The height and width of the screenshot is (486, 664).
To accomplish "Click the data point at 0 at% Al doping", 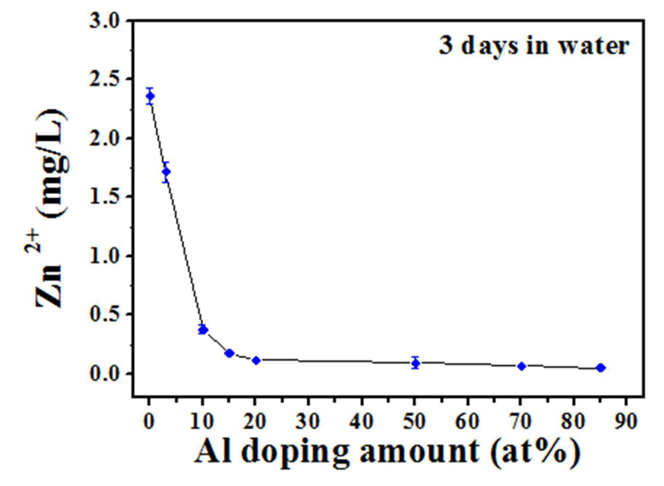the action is pyautogui.click(x=150, y=96).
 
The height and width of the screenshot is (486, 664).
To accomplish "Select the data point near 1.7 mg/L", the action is pyautogui.click(x=166, y=172).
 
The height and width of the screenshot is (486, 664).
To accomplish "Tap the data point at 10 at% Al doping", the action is pyautogui.click(x=203, y=330).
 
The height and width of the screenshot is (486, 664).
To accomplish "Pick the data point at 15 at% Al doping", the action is pyautogui.click(x=229, y=353).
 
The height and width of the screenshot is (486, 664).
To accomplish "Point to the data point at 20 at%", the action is pyautogui.click(x=256, y=361).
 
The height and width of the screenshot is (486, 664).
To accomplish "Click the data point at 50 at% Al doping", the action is pyautogui.click(x=416, y=363).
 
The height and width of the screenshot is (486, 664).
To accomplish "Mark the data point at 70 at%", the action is pyautogui.click(x=521, y=366).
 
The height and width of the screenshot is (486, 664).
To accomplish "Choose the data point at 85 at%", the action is pyautogui.click(x=601, y=368).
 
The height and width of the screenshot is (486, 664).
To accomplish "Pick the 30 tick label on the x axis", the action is pyautogui.click(x=308, y=421).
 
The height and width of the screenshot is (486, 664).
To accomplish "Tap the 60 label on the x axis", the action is pyautogui.click(x=468, y=421).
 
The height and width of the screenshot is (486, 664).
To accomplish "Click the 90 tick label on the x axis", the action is pyautogui.click(x=626, y=421).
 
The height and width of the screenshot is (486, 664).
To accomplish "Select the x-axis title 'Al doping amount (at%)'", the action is pyautogui.click(x=387, y=452).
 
